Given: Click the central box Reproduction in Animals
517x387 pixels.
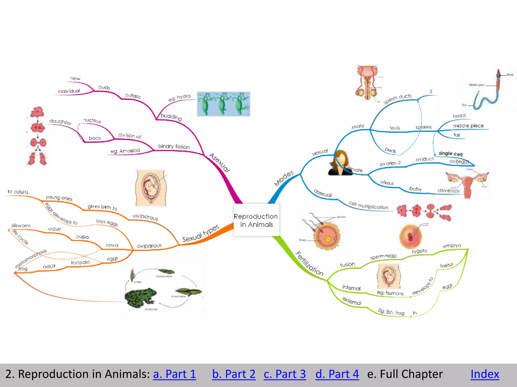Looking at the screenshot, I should pos(256,220).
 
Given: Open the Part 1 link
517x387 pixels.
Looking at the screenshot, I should pos(174,374).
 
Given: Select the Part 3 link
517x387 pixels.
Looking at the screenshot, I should pos(285,374).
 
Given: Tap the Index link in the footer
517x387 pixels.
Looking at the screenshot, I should pos(485,374).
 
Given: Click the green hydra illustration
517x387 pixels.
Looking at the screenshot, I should pos(223,104).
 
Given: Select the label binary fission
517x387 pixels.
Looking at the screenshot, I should pos(174,146).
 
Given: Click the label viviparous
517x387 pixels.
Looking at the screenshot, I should pos(145,217).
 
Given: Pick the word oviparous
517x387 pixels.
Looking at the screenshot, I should pos(149,246).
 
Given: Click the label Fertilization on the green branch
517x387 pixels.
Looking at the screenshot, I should pos(309,264).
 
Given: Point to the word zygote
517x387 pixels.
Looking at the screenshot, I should pos(419,251).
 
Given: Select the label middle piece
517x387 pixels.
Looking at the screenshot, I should pos(468,125).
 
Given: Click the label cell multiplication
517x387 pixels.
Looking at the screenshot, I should pos(368,205).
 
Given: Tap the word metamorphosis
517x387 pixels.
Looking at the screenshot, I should pos(31,259).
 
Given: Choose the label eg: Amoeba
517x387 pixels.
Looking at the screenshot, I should pos(125,151).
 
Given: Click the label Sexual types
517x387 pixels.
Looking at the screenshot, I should pos(200,233).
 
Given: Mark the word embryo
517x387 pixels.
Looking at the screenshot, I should pos(452,245).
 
